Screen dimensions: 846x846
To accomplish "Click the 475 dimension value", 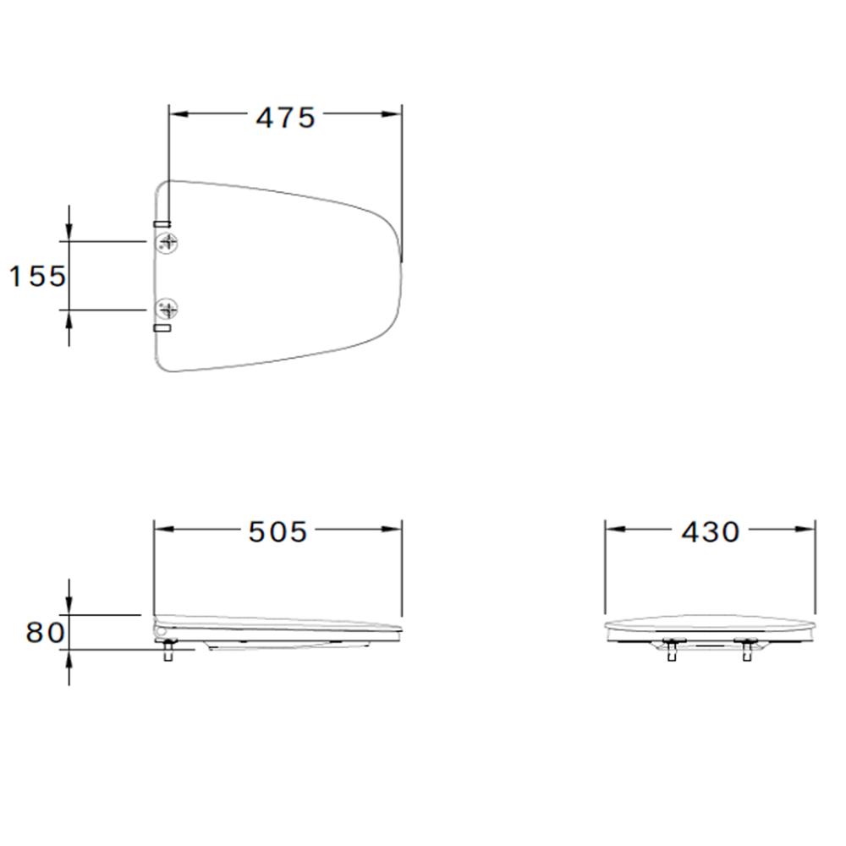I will pos(285,118).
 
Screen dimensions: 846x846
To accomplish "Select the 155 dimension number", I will pos(37,276).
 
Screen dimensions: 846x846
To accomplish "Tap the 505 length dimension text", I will pos(277,531).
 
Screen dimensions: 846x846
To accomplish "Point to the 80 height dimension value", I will pos(44,633).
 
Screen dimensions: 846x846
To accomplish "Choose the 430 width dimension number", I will pos(710,531).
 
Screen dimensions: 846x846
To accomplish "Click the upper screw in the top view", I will pos(168,243).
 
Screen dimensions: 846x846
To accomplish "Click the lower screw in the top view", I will pos(168,309).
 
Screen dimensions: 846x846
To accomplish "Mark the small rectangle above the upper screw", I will pos(162,224).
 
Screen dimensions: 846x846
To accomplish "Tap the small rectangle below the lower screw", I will pos(162,327).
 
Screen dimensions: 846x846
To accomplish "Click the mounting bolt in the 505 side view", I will pos(168,651).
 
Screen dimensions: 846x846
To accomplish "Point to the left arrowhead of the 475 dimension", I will pos(178,114).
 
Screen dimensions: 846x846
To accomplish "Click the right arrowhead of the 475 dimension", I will pos(393,114).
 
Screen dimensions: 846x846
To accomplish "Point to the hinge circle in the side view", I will pos(159,629).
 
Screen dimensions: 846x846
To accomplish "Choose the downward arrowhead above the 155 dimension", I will pos(69,233).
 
